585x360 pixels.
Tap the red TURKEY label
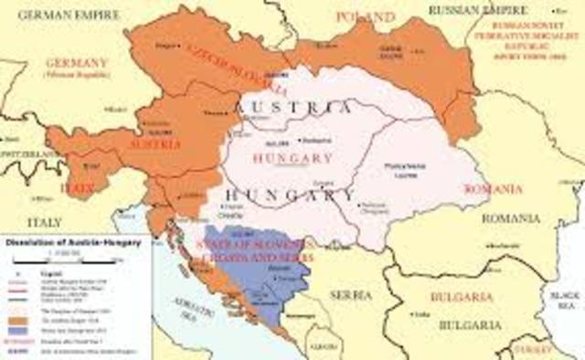530,352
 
